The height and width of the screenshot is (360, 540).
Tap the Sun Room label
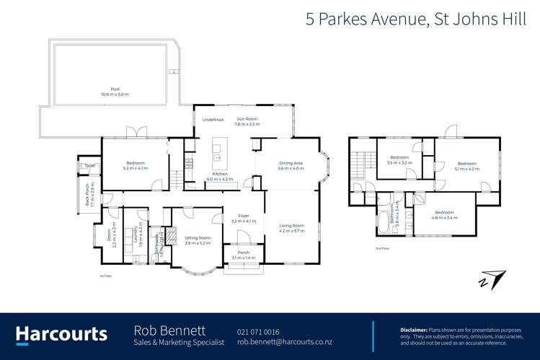pos(247,121)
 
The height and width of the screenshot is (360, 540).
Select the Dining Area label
pos(291,165)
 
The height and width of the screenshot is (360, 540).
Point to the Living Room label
pos(291,228)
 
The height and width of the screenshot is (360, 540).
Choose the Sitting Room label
pos(197,240)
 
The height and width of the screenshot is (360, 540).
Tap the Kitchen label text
pos(219,176)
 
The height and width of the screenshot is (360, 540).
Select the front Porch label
pos(244,255)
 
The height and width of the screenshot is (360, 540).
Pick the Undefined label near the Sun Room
pos(213,120)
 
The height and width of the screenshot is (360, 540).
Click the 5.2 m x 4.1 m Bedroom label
pos(135,165)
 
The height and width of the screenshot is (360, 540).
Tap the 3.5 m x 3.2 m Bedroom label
pos(399,159)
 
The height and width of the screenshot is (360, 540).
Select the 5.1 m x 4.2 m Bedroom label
pos(467,166)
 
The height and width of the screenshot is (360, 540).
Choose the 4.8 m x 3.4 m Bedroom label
pos(443,214)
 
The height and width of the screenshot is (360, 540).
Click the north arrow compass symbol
pos(493,278)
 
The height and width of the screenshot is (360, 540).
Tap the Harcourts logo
pos(61,334)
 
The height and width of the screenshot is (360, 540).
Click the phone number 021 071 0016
pos(258,332)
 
